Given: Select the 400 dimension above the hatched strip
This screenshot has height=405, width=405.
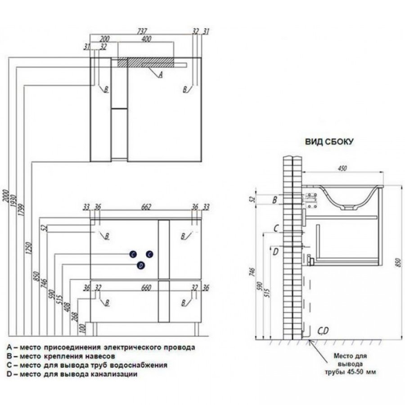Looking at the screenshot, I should click(x=145, y=39).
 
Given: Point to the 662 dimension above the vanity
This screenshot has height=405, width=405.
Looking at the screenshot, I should click(x=146, y=207).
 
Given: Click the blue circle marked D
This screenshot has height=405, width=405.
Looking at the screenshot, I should click(x=141, y=265).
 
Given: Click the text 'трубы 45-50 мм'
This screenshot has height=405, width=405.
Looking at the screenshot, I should click(x=350, y=372).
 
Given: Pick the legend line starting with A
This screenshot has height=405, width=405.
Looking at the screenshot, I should click(x=101, y=347).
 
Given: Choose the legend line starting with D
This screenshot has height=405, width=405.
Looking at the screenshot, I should click(x=72, y=374).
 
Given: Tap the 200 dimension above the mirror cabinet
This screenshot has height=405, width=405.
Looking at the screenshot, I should click(x=105, y=39).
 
